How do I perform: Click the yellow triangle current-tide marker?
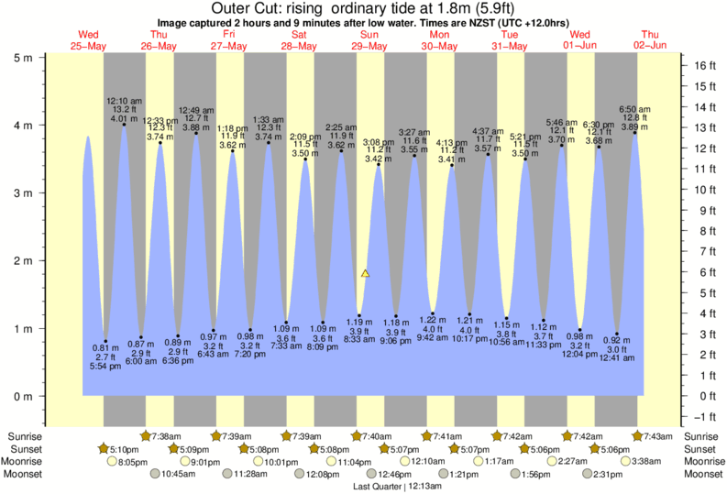tap(365, 273)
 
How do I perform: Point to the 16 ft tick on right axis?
tap(704, 66)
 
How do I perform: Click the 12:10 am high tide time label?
tap(123, 100)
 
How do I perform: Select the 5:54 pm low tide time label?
tap(105, 368)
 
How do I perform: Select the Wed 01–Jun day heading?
tap(579, 40)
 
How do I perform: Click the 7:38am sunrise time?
tap(165, 436)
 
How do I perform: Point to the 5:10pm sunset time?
tap(125, 449)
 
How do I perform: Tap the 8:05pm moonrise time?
tap(134, 462)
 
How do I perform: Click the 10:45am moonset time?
tap(179, 475)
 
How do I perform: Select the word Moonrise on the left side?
tap(25, 462)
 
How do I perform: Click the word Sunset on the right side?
tap(702, 449)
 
